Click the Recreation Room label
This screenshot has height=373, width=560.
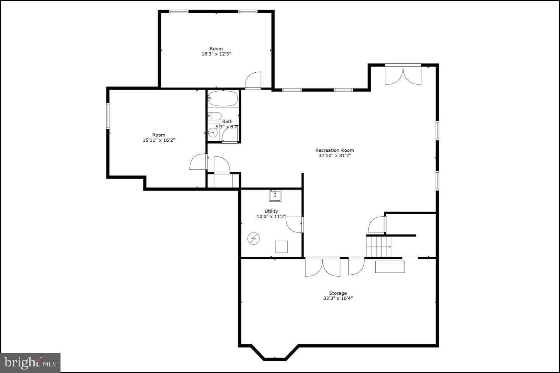click(x=334, y=150)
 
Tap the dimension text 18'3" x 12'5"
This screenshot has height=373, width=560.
click(x=216, y=54)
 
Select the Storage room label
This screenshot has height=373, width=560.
click(x=338, y=293)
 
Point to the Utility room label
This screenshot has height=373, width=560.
click(x=271, y=211)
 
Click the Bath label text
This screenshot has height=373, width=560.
click(x=227, y=121)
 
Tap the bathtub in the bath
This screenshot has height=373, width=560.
click(x=223, y=98)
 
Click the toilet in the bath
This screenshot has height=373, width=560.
click(x=214, y=116)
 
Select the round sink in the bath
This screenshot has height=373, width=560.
click(x=213, y=133)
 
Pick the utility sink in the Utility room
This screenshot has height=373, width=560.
click(x=275, y=196)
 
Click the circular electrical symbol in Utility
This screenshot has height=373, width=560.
click(x=254, y=238)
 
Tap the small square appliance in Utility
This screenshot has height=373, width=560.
click(x=281, y=246)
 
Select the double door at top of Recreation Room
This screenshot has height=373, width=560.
click(x=403, y=75)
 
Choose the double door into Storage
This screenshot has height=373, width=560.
click(x=322, y=267)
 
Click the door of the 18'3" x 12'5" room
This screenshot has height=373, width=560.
click(x=253, y=81)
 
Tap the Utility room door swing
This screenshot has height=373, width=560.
click(x=294, y=224)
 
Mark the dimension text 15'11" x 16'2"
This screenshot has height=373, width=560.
click(x=159, y=140)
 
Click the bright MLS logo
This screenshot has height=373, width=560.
click(x=30, y=363)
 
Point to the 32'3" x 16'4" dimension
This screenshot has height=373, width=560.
click(x=338, y=298)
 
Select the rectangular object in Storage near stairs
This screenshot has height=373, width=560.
click(x=389, y=267)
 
